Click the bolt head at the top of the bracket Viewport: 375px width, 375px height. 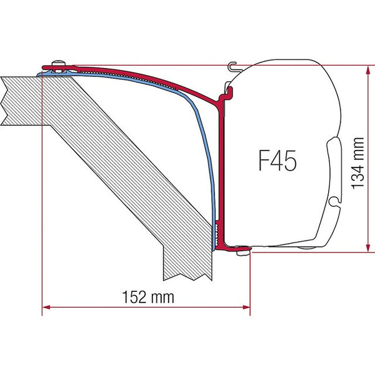tap(58, 63)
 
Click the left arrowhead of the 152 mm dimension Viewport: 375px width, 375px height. tap(45, 307)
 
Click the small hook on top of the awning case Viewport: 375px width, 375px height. tap(233, 64)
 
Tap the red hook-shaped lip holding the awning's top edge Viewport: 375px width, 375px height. tap(227, 94)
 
